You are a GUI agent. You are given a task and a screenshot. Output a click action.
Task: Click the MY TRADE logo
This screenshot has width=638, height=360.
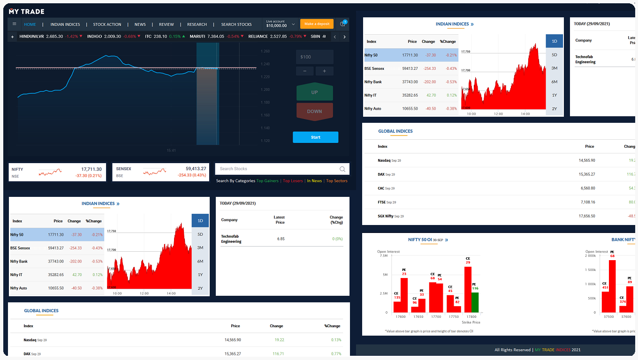pyautogui.click(x=26, y=11)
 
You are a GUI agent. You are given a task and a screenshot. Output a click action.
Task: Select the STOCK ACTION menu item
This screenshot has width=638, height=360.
pyautogui.click(x=107, y=24)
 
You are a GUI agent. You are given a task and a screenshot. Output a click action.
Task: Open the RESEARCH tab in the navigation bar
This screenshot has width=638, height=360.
pyautogui.click(x=197, y=24)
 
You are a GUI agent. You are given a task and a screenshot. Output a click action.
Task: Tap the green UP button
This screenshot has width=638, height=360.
pyautogui.click(x=314, y=92)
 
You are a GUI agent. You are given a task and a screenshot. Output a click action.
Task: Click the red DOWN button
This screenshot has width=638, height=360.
pyautogui.click(x=314, y=112)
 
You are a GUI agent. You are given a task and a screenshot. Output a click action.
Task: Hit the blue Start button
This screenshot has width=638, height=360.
pyautogui.click(x=315, y=137)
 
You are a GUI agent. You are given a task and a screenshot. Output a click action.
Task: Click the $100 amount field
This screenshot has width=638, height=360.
pyautogui.click(x=315, y=57)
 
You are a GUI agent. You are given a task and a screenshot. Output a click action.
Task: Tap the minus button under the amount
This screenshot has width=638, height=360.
pyautogui.click(x=305, y=71)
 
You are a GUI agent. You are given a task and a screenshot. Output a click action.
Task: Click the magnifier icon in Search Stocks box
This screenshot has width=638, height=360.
pyautogui.click(x=342, y=169)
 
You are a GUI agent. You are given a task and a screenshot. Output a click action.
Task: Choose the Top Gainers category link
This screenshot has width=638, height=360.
pyautogui.click(x=267, y=181)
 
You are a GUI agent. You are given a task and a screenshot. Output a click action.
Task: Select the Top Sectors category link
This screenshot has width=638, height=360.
pyautogui.click(x=337, y=181)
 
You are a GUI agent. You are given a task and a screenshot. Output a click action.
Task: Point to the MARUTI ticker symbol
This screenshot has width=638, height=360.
pyautogui.click(x=197, y=37)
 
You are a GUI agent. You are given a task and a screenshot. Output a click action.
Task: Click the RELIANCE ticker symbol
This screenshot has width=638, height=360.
pyautogui.click(x=258, y=37)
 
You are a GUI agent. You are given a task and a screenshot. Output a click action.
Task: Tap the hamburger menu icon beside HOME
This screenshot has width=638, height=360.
pyautogui.click(x=15, y=24)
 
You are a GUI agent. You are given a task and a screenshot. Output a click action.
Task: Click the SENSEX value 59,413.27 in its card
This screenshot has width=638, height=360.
pyautogui.click(x=196, y=169)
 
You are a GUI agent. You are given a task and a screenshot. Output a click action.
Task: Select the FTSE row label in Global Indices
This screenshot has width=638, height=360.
pyautogui.click(x=382, y=202)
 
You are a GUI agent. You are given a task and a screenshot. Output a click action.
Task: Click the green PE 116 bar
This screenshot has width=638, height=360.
pyautogui.click(x=475, y=302)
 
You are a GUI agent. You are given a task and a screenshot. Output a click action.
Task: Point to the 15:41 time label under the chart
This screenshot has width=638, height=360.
pyautogui.click(x=171, y=150)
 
